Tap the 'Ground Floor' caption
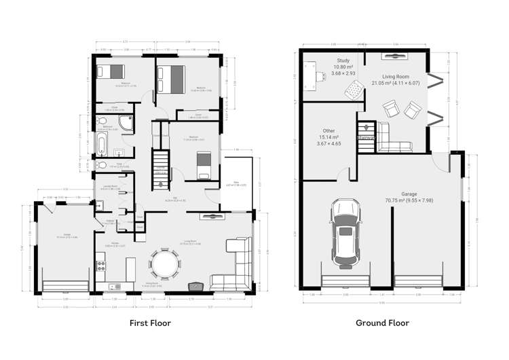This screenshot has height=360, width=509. (382, 323)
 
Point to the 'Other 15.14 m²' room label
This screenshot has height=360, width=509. (329, 137)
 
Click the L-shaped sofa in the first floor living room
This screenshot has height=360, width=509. (235, 268)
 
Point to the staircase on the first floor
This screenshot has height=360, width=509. (160, 166)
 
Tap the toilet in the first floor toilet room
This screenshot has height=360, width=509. (102, 164)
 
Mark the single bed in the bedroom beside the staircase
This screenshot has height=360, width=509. (203, 166)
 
